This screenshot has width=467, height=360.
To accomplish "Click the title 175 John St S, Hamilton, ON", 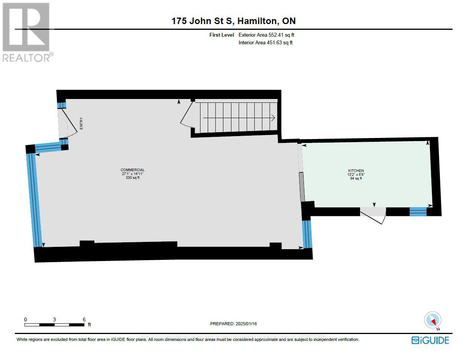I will [x=233, y=21].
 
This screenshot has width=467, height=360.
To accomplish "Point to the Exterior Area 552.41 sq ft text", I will [x=266, y=35].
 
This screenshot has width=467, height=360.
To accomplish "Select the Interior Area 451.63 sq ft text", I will [x=265, y=42].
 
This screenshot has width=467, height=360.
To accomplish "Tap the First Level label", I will [x=221, y=35].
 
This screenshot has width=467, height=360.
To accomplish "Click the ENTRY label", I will [x=81, y=123].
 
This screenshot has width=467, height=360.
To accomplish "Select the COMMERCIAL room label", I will [x=133, y=170].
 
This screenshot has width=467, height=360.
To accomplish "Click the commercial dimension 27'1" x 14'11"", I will [x=133, y=174].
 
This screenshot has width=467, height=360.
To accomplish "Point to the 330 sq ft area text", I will [x=133, y=178].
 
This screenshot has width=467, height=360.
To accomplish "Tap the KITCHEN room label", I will [x=356, y=170].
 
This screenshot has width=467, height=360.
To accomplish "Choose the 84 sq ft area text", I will [x=356, y=178].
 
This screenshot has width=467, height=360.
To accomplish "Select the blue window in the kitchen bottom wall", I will [x=418, y=212].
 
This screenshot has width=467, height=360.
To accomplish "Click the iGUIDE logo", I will [x=430, y=340].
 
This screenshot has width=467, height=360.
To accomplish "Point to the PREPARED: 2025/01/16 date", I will [x=233, y=324].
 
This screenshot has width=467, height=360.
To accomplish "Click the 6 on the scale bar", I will [x=84, y=319].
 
